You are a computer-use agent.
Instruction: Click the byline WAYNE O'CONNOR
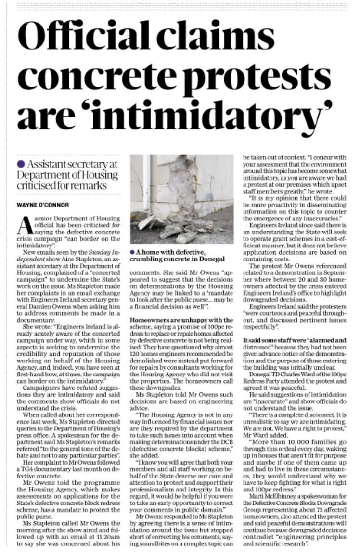[x=43, y=205]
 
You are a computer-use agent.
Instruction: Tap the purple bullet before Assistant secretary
[x=20, y=165]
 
